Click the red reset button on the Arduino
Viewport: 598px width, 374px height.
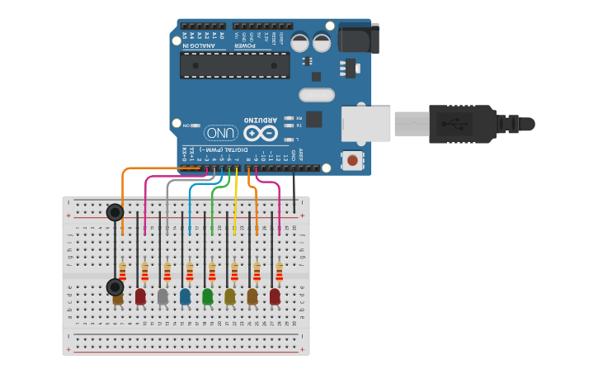(353, 160)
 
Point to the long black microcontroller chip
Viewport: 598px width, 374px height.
(234, 65)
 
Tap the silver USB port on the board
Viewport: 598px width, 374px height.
(365, 123)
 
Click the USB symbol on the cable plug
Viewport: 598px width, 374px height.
(450, 125)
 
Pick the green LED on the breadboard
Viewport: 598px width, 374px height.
(207, 296)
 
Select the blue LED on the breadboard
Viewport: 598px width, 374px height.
(185, 296)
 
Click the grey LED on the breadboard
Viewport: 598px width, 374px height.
(162, 296)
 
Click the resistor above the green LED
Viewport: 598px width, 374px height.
(212, 272)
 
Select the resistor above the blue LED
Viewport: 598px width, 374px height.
(190, 272)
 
